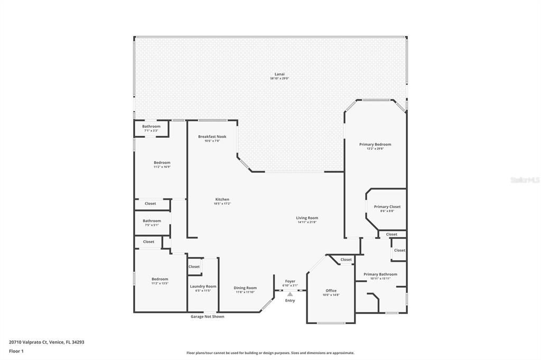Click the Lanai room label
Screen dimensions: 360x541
coord(279,74)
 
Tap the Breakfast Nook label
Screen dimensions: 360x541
coord(212,137)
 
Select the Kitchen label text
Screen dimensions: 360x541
coord(222,200)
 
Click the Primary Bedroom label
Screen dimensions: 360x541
coord(375,145)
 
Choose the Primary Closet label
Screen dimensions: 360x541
coord(387,207)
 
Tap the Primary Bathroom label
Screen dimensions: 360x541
coord(380,274)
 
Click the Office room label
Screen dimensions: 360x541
coord(331,291)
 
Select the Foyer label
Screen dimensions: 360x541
coord(290,281)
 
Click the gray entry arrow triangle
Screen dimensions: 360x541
coord(290,295)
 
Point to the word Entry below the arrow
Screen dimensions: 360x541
coord(290,301)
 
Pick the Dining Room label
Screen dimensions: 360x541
coord(245,288)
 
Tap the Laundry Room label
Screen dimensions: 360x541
coord(203,287)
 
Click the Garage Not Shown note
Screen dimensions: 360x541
coord(207,317)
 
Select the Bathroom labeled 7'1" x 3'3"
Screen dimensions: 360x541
coord(151,127)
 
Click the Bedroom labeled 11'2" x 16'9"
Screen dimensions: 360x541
coord(162,163)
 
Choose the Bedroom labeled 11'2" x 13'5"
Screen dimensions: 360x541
coord(160,279)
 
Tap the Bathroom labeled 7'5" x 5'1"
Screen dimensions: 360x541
coord(152,221)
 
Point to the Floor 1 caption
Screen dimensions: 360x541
coord(16,350)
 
